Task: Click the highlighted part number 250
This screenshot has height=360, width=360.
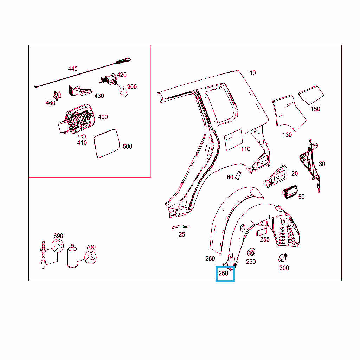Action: tap(223, 273)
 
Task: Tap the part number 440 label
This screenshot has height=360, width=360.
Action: tap(72, 69)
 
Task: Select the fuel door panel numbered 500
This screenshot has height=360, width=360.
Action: tap(107, 143)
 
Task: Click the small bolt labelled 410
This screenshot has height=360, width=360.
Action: tap(83, 137)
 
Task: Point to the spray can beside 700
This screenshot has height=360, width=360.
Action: tap(72, 256)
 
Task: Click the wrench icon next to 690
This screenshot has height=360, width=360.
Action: tap(58, 246)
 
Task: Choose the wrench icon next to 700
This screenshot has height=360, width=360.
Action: tap(90, 258)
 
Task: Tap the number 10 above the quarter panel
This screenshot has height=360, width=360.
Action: tap(252, 73)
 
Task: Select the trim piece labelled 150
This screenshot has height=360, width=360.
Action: tap(311, 95)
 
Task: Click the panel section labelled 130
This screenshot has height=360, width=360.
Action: tap(288, 112)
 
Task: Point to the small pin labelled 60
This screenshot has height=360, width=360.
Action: tap(238, 175)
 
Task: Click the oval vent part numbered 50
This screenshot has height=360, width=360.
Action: tap(290, 192)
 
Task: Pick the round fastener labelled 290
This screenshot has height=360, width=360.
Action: tap(251, 252)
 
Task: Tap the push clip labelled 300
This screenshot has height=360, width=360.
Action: tap(283, 258)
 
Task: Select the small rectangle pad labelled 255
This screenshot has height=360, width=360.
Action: tap(262, 232)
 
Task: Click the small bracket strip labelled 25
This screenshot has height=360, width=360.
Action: tap(180, 227)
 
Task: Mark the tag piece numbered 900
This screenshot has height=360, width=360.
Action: tap(123, 92)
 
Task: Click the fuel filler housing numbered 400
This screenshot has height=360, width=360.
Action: tap(77, 119)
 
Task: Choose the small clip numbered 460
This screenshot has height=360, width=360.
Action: tap(57, 96)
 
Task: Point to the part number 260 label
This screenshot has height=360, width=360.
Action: tap(210, 258)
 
